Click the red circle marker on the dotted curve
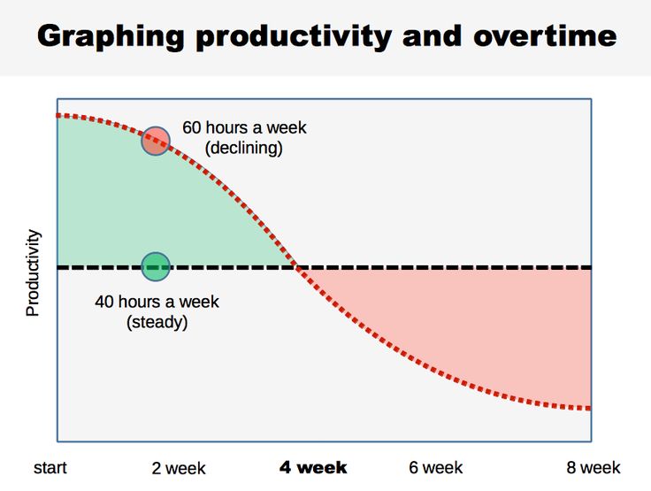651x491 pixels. (156, 141)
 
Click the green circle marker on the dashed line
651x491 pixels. (156, 266)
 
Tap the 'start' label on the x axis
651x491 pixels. (50, 467)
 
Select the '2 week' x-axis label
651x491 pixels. (179, 468)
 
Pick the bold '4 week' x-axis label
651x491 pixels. (313, 467)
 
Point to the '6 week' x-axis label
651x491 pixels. (435, 467)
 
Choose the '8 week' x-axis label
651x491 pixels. (594, 467)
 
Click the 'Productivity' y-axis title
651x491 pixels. (33, 273)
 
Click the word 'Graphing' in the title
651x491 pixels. (111, 37)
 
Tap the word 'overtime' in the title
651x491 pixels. (545, 36)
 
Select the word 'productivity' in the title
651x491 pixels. (293, 37)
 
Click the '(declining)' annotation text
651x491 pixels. (244, 149)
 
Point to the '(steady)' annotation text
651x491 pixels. (157, 322)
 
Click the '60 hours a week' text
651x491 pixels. (244, 127)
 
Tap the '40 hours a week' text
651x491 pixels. (157, 302)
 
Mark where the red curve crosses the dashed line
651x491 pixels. (298, 266)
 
